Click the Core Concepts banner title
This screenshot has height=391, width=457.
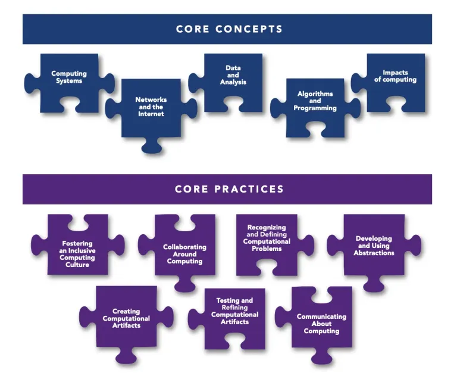point(229,29)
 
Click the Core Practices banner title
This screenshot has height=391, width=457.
point(229,189)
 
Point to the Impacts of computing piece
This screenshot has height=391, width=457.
point(395,80)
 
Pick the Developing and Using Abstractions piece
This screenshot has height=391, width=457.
point(374,246)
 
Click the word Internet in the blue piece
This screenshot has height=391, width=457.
point(151,113)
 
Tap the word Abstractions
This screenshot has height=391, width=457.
point(374,253)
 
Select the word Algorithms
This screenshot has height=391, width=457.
point(315,94)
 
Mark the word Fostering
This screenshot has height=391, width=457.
point(77,243)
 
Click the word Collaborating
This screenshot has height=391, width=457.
point(184,247)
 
